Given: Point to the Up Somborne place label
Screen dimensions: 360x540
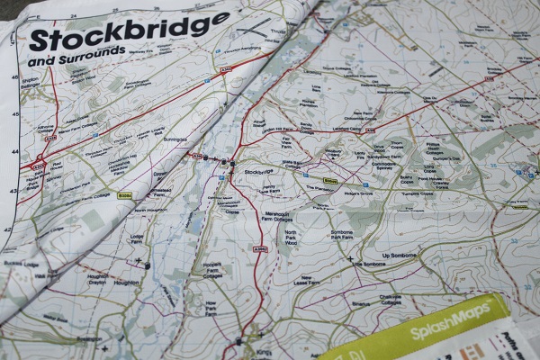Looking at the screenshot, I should point(401,256).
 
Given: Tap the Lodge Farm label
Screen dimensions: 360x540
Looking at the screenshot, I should point(137,239).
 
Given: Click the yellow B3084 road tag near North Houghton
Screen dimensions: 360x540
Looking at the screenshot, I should point(125,194).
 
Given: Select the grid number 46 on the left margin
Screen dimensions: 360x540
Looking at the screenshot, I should point(13,77).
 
